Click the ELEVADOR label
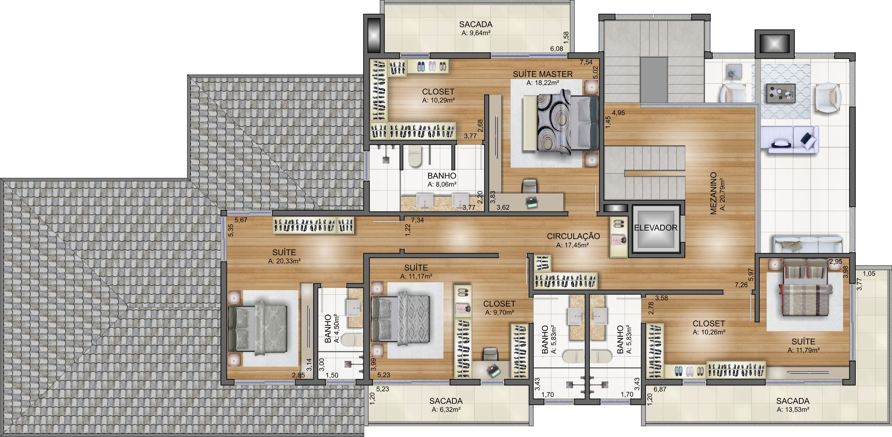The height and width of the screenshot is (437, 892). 655,228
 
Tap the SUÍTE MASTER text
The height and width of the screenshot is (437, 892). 543,74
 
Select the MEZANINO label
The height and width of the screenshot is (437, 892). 713,193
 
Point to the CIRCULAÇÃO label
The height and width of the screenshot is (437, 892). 573,236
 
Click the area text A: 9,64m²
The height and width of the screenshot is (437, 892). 476,33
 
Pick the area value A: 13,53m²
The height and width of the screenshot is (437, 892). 793,410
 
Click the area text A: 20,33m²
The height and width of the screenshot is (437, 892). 284,261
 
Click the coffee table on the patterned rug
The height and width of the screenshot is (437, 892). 781,94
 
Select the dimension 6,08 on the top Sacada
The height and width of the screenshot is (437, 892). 556,49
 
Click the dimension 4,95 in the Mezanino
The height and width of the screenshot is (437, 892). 618,113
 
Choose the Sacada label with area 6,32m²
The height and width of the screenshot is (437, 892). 446,401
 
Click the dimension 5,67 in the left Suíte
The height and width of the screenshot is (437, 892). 241,220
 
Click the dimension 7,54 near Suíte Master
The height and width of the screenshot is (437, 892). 586,62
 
